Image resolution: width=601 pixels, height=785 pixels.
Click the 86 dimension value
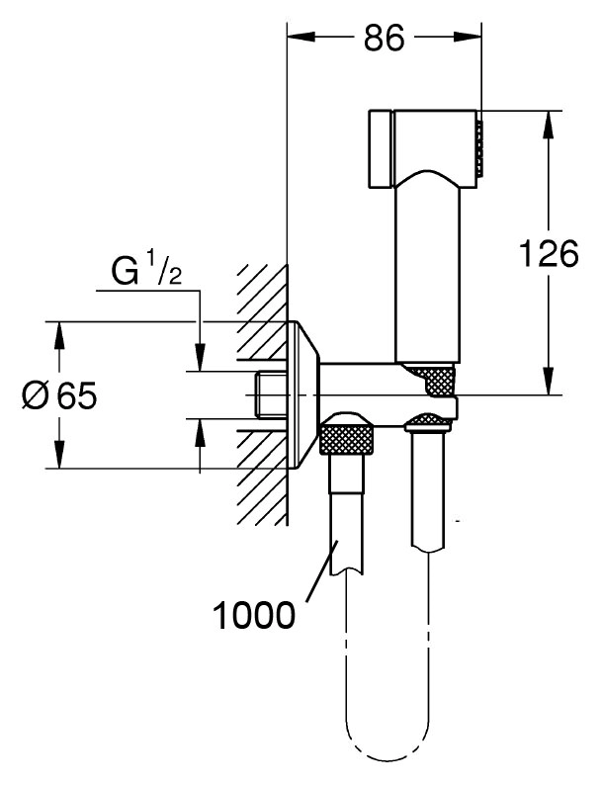384,38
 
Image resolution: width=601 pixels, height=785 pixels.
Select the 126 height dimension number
549,253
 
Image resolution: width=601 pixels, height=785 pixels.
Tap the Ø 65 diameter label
60,396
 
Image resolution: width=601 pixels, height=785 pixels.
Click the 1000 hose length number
254,615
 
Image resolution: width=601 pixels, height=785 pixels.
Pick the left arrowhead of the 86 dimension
300,37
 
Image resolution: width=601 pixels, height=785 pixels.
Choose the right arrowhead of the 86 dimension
468,37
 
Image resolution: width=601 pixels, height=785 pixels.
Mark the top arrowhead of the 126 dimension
549,125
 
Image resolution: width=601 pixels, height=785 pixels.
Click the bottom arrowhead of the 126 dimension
549,381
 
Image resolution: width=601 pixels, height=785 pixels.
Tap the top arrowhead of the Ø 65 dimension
59,335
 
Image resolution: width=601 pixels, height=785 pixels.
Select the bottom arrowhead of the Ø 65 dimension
59,454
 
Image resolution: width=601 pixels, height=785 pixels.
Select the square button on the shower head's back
382,148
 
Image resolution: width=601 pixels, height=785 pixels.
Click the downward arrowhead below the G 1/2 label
200,357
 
